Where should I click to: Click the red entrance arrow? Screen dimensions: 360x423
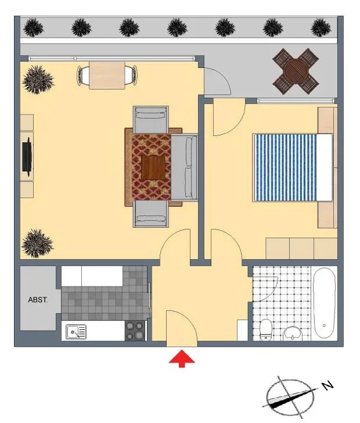point(182,359)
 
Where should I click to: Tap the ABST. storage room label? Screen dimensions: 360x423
point(38,300)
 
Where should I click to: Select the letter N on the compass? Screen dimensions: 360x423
point(328,385)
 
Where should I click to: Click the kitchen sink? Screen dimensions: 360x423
point(76,332)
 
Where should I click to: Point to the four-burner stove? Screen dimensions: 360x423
point(135,331)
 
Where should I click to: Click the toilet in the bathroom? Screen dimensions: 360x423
point(266,329)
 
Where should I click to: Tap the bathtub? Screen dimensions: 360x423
point(325,303)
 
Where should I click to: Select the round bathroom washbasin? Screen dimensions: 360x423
point(293,333)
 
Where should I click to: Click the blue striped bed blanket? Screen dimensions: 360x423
point(286,167)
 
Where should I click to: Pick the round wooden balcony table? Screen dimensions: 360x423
point(296,71)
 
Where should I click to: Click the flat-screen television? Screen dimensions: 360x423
point(27,156)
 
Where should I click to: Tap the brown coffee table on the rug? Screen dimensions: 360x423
point(153,168)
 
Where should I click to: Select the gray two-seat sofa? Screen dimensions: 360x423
point(184,167)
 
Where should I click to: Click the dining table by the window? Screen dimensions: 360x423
point(107,76)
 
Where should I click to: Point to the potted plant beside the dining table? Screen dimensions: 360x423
point(38,80)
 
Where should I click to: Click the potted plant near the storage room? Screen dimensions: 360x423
point(38,243)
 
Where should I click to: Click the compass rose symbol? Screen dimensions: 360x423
point(290,397)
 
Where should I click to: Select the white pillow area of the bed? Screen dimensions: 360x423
point(325,167)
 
